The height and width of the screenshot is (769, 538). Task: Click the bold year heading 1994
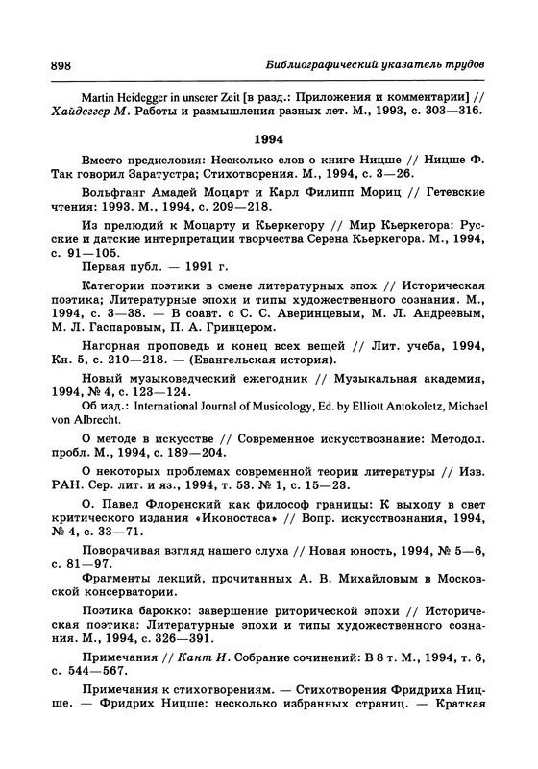point(269,137)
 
